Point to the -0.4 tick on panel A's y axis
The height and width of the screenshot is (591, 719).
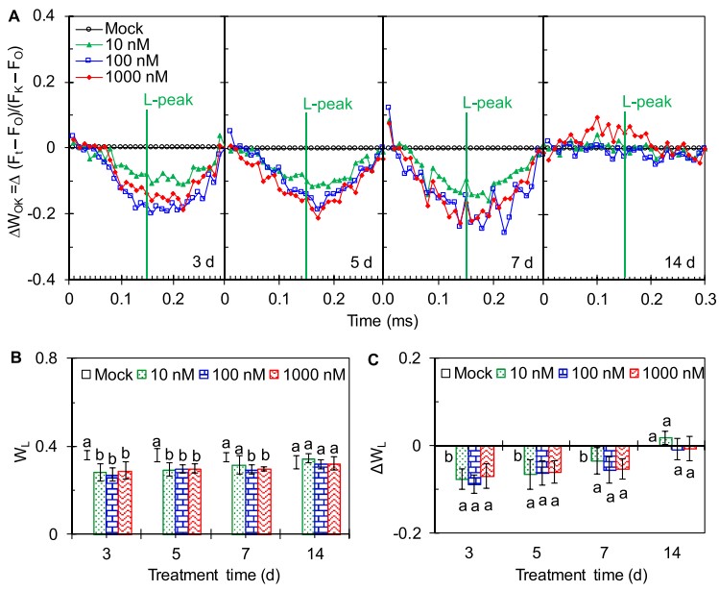[45, 280]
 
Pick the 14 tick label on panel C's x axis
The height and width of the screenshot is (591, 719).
[660, 554]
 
